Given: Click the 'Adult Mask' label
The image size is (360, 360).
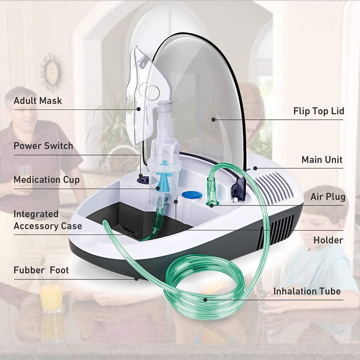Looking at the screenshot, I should (38, 100).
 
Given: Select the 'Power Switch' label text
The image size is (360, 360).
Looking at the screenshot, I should (43, 146).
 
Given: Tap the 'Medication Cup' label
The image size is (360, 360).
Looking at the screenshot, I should (46, 180).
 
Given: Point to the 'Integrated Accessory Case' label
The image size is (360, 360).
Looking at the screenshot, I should (47, 220).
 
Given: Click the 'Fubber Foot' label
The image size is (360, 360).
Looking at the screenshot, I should (41, 270).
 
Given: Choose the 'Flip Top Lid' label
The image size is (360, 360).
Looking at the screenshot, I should (318, 111).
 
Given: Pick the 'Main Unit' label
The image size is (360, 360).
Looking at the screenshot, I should (322, 160).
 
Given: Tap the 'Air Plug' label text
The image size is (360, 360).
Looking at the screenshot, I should (327, 196).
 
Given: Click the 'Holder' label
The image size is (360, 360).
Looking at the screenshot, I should (328, 240).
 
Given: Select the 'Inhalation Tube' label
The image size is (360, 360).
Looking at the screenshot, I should (307, 291).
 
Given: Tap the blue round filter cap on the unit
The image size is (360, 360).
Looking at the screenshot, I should (188, 195).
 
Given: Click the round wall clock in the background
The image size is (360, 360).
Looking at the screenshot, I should (51, 71).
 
